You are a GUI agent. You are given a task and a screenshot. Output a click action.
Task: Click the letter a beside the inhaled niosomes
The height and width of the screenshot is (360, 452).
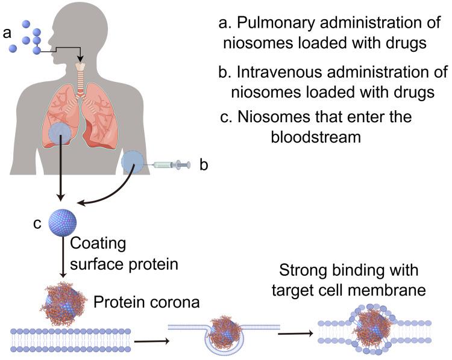pos(7,33)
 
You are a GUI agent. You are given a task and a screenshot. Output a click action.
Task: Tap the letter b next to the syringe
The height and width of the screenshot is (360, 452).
pos(204,164)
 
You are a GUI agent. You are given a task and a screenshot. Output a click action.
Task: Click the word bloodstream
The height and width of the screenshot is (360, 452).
pos(315,137)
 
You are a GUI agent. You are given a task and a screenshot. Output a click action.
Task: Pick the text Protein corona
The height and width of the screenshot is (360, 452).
pos(146,301)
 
